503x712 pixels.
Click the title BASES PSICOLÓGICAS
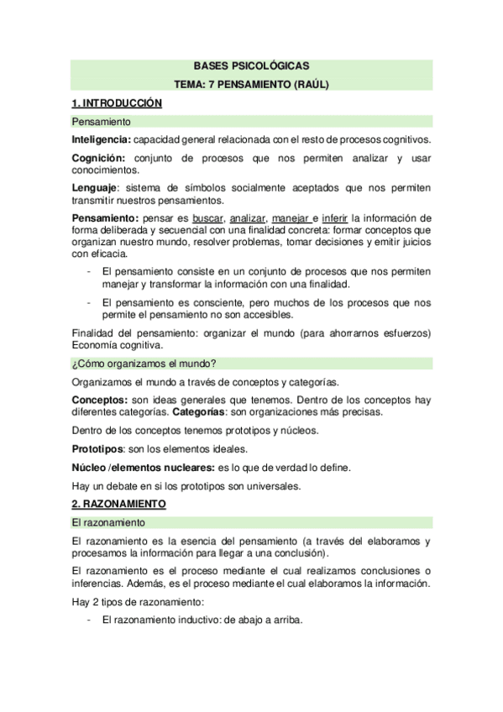(x=251, y=65)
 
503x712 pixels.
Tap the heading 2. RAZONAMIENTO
(x=118, y=504)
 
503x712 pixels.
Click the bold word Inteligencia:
(x=101, y=139)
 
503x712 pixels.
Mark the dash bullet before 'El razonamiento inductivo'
(x=89, y=620)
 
